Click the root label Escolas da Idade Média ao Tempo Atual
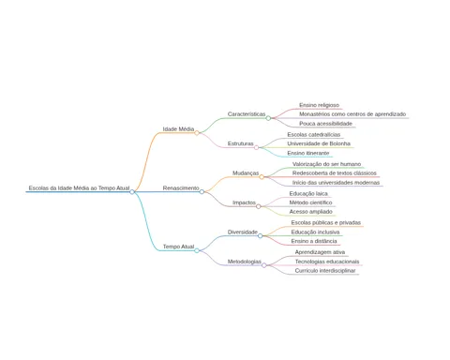(x=79, y=188)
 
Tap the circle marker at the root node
(x=132, y=192)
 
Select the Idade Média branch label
(x=178, y=129)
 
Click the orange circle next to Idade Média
(x=197, y=133)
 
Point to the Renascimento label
(x=181, y=188)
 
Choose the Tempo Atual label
(x=178, y=247)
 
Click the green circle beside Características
(x=268, y=118)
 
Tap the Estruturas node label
(x=241, y=143)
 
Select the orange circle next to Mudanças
(x=262, y=177)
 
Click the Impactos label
(x=244, y=202)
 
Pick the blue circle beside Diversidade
(x=261, y=236)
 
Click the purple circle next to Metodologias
(x=264, y=265)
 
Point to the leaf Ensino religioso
(x=319, y=105)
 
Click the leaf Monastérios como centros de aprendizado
(x=352, y=114)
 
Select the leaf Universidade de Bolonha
(x=319, y=143)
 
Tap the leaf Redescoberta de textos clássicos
(x=335, y=173)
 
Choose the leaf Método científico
(x=310, y=202)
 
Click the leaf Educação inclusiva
(x=315, y=232)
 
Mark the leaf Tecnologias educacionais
(x=327, y=262)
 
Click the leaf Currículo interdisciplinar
(x=325, y=271)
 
